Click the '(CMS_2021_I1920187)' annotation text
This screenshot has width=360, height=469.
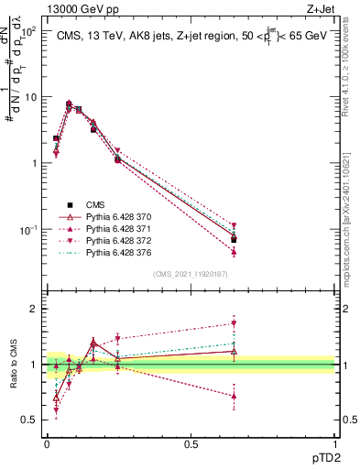pyautogui.click(x=191, y=274)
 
